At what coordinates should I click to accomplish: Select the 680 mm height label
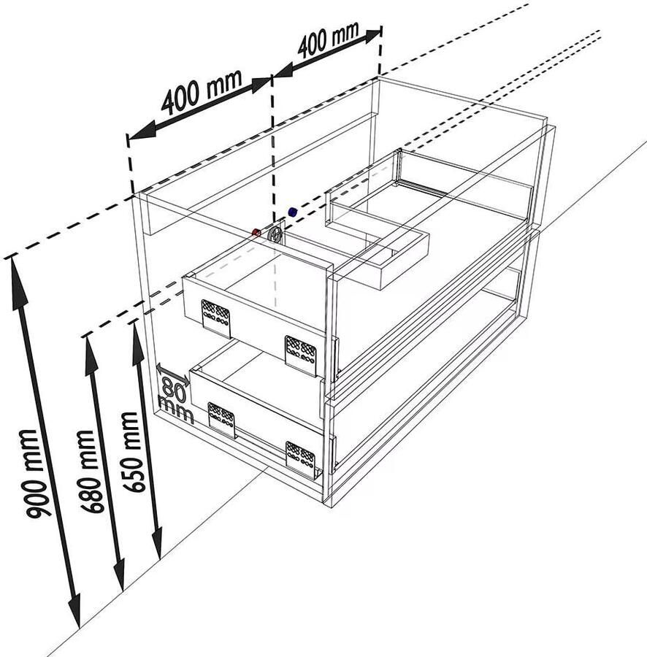coord(92,472)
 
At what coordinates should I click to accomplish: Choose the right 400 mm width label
coord(329,39)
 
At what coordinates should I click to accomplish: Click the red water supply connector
coord(256,232)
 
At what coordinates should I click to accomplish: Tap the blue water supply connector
coord(293,212)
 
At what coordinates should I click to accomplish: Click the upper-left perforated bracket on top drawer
coord(216,318)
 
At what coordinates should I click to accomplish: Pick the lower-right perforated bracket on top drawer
coord(300,355)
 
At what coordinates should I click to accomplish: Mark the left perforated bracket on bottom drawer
coord(222,420)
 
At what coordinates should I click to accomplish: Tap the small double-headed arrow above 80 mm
coord(172,375)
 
